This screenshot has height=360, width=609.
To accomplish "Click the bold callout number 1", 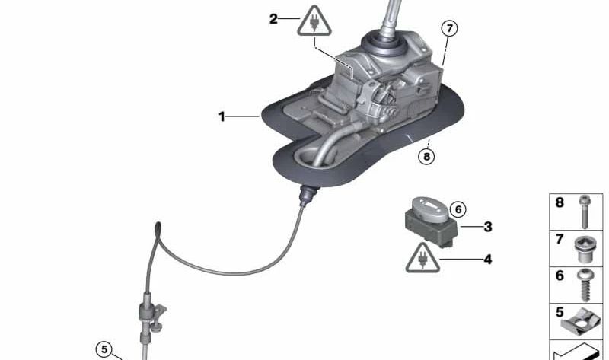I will click(222, 116).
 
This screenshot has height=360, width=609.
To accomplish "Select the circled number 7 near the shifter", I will click(450, 29).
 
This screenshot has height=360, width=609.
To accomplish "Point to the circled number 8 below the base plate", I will click(427, 157).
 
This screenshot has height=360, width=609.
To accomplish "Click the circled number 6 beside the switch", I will click(457, 209).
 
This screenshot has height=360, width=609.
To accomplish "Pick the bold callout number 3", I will click(488, 227).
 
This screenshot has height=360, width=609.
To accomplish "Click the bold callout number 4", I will click(487, 260).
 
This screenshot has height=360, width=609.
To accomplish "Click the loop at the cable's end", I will click(158, 228).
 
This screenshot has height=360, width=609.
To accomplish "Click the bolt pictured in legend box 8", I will click(583, 212).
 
